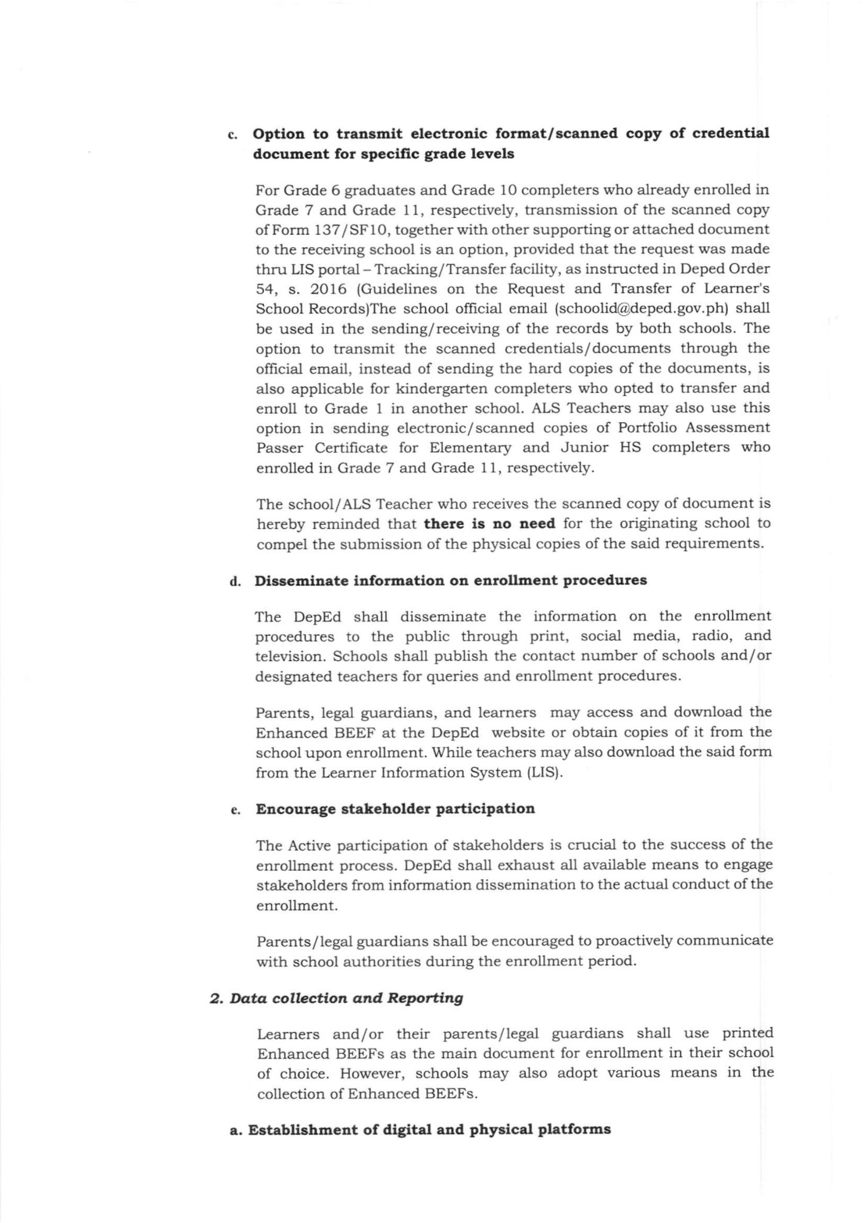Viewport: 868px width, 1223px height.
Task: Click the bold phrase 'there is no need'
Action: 489,524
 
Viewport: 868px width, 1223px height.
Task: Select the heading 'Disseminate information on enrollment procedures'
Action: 451,580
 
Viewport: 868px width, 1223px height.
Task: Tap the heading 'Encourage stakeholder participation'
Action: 395,809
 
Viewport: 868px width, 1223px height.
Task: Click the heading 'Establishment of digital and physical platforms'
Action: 429,1130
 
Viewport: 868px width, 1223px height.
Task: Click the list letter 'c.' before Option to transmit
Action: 233,135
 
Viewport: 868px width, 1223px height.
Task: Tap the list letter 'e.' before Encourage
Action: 235,810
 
